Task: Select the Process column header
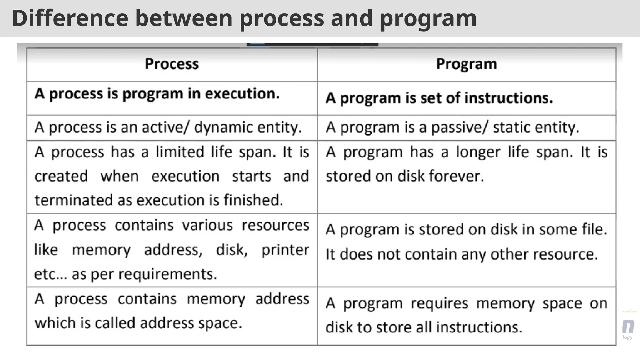tap(172, 64)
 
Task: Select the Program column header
tap(466, 64)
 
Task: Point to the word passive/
tap(459, 127)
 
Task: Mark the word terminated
tap(74, 200)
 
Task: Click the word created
tap(61, 176)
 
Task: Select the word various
tap(207, 225)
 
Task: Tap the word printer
tap(285, 250)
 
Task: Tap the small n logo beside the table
tap(628, 327)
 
